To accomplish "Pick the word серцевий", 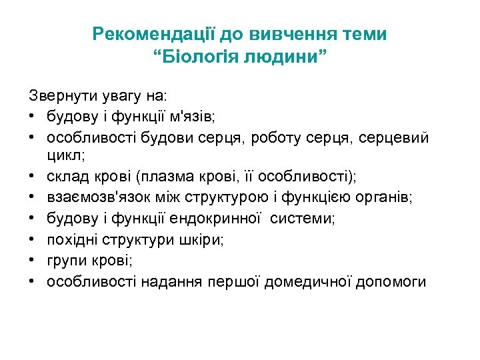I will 397,137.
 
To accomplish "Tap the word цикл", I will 65,156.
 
